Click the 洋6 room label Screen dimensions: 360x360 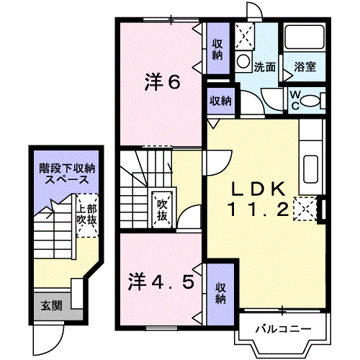[161, 82]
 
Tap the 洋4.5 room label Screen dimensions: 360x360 [162, 282]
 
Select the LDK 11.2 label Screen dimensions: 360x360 [259, 199]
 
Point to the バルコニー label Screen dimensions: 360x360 [282, 330]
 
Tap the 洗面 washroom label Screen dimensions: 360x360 [264, 68]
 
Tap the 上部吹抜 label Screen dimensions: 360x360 [87, 214]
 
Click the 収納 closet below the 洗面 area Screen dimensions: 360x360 [220, 100]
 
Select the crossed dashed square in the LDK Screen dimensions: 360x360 [305, 209]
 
